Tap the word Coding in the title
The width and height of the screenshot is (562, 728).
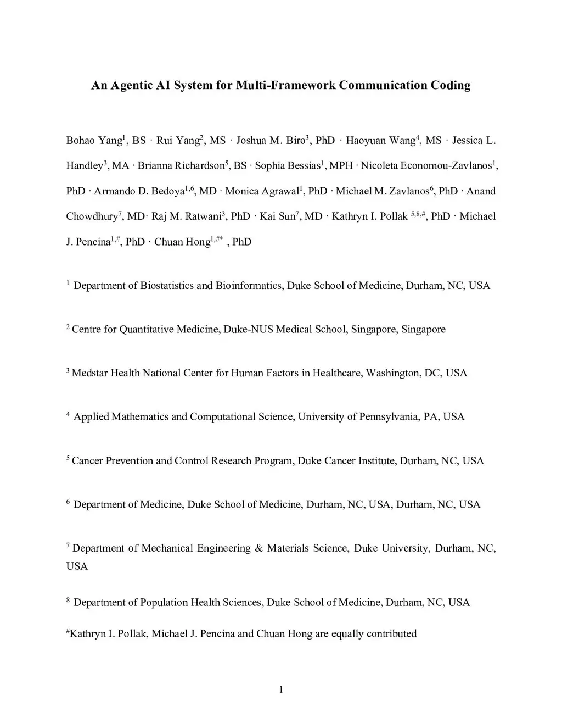[451, 85]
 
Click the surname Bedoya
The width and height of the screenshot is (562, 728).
[168, 191]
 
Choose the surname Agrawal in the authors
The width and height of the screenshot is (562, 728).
[279, 191]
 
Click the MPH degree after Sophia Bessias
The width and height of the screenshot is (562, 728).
[341, 166]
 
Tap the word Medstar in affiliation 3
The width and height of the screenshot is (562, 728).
[89, 373]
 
